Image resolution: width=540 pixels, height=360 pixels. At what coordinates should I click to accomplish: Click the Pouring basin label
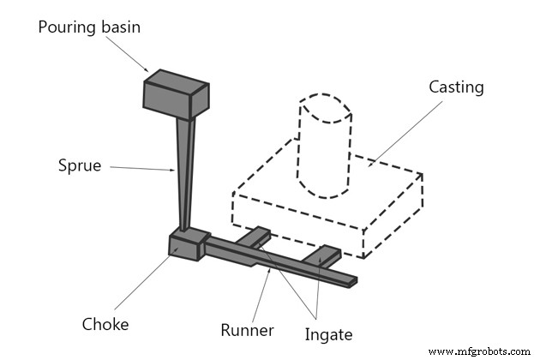pos(89,27)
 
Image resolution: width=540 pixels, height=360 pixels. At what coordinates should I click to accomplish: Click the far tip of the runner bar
pos(351,280)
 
